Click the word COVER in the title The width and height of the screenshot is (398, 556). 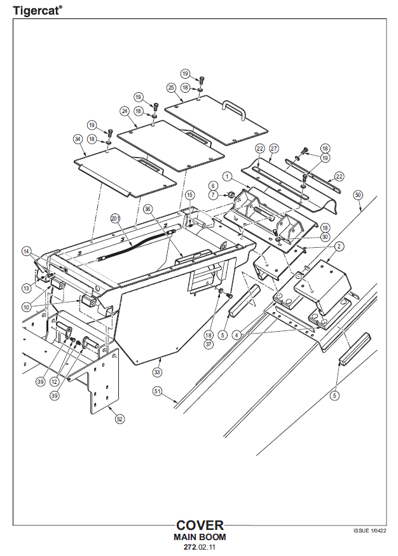200,525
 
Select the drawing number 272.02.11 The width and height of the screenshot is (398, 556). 200,546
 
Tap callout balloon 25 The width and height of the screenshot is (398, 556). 171,87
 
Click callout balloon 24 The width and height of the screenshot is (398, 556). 125,111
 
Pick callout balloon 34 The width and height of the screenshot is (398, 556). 78,139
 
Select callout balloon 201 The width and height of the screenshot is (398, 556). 115,217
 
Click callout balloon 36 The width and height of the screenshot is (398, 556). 148,208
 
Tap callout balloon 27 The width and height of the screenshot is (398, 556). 274,148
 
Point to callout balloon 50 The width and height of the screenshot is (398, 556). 358,194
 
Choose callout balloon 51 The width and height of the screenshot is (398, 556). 157,391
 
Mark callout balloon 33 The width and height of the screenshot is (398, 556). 157,370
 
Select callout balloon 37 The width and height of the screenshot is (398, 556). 209,344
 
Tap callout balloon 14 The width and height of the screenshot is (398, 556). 27,251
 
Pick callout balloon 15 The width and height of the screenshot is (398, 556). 189,194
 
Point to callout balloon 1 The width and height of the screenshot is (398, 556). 226,175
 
